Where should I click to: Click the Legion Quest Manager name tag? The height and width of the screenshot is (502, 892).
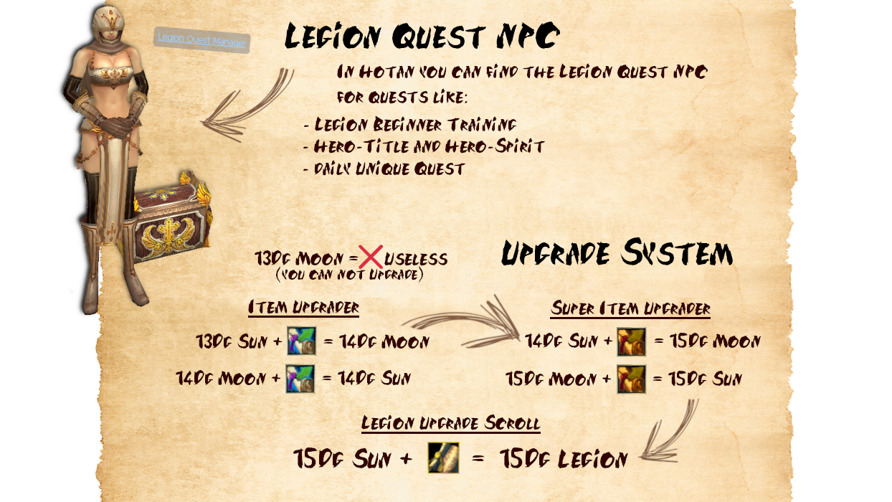coord(201,39)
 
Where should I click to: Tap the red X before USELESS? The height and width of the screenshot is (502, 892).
coord(371,257)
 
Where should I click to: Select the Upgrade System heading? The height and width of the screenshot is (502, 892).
coord(617,254)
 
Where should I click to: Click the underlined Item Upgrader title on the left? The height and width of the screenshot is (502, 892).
coord(303,308)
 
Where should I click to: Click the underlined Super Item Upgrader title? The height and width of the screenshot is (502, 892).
coord(630,309)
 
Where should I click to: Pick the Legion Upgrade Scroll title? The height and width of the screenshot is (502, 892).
coord(450,423)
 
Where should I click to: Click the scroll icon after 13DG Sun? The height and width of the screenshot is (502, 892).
coord(301,341)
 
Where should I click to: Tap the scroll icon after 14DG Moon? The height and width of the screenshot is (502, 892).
coord(300,379)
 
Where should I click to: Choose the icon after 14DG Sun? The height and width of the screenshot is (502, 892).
coord(631,341)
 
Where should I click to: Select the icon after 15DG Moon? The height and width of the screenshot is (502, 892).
coord(631,379)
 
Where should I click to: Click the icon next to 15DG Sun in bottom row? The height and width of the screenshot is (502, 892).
coord(443,458)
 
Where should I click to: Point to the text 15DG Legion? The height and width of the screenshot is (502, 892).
coord(563,459)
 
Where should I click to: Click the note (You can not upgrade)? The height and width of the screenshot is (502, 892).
coord(349,275)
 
